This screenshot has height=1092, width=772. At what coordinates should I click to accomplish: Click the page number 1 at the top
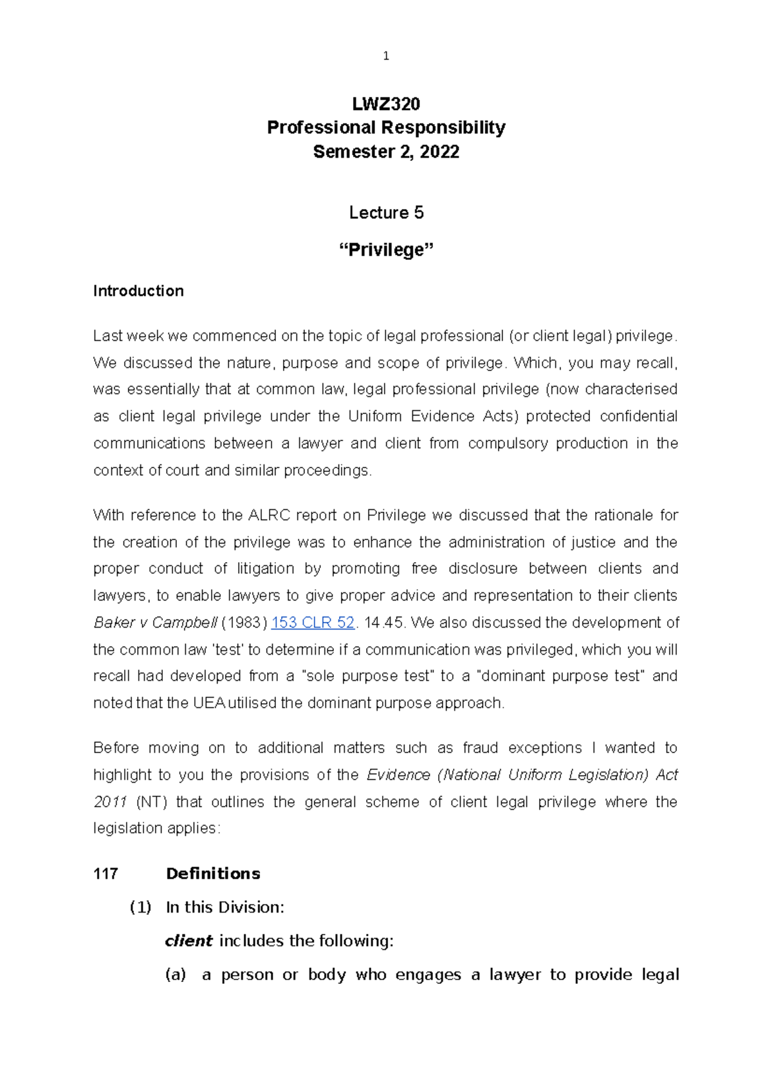point(385,57)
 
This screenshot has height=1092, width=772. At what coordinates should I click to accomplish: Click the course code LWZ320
point(386,104)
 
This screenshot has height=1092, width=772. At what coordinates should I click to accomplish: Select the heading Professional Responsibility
point(386,127)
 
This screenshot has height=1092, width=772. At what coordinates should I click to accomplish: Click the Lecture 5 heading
point(386,213)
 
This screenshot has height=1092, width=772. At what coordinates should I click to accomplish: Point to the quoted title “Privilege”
point(386,250)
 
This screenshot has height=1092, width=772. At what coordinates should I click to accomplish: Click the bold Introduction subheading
point(138,291)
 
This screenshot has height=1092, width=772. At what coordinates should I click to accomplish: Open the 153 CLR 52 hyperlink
point(313,623)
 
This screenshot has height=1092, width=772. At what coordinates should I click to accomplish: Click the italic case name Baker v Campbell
point(155,623)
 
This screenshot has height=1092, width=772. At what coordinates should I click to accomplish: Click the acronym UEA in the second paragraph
point(208,703)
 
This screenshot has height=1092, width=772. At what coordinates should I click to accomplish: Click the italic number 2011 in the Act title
point(110,802)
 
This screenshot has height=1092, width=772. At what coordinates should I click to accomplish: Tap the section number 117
point(106,874)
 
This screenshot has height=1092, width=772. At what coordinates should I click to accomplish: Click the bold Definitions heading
point(213,874)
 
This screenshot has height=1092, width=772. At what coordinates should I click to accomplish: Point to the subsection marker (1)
point(140,907)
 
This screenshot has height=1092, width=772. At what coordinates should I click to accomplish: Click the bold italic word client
point(188,941)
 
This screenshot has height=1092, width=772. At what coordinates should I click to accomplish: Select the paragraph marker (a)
point(175,975)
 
